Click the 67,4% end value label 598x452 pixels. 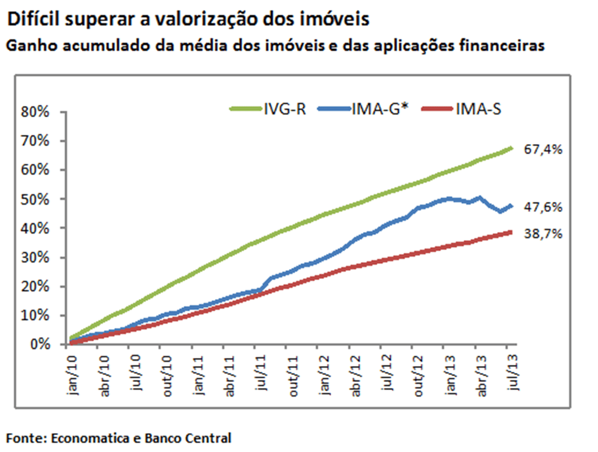click(543, 149)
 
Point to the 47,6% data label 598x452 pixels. click(543, 207)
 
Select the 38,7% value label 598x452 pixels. click(543, 234)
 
